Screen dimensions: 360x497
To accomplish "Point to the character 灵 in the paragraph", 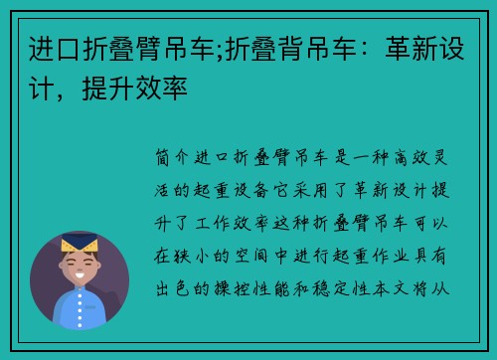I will click(452, 158).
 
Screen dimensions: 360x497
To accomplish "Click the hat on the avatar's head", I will click(80, 243).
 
